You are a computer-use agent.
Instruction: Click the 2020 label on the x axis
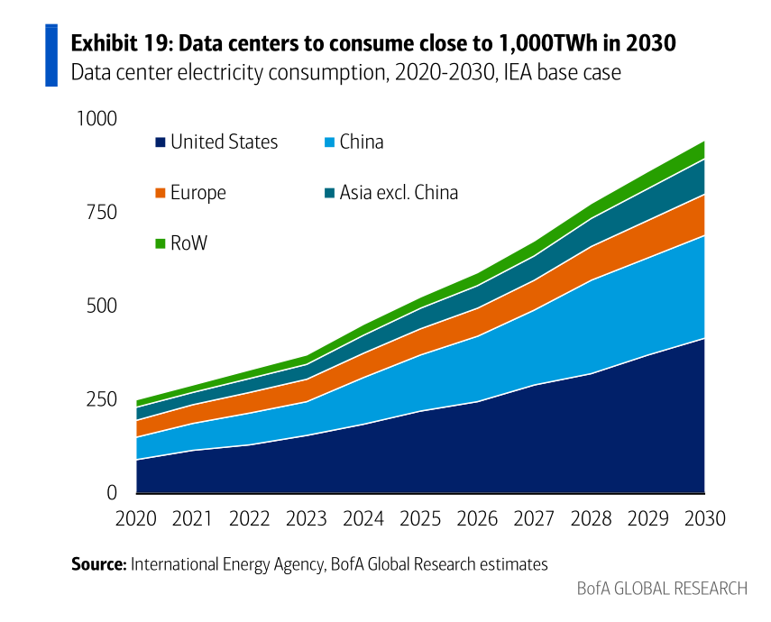(x=135, y=518)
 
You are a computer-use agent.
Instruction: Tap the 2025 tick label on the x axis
(x=420, y=518)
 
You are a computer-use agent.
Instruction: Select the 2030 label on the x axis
(x=704, y=518)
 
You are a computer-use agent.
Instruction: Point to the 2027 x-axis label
(x=534, y=518)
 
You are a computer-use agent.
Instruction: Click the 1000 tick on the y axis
(x=96, y=119)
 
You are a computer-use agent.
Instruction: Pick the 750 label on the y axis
(x=102, y=213)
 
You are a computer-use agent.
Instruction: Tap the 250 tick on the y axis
(x=102, y=399)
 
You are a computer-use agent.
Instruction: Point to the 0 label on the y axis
(x=112, y=493)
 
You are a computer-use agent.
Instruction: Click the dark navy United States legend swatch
(x=161, y=142)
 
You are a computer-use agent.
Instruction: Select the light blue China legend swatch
(x=329, y=142)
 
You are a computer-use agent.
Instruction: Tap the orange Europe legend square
(x=161, y=193)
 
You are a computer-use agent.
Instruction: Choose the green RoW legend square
(x=161, y=243)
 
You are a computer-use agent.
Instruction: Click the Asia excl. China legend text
(x=399, y=193)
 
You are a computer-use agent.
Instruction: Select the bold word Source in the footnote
(x=99, y=564)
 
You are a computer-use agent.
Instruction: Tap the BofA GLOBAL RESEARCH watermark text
(x=662, y=589)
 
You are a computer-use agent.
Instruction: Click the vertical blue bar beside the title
(x=51, y=55)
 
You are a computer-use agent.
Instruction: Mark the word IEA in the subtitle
(x=516, y=73)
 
